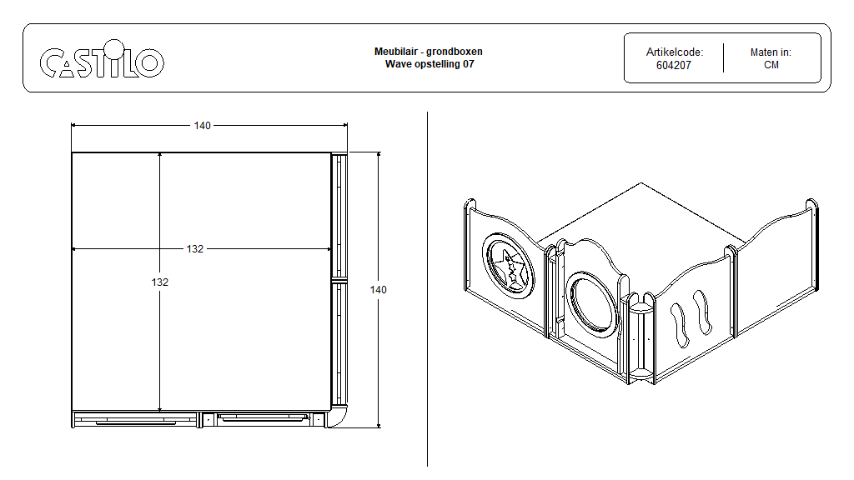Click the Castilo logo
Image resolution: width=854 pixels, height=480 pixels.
click(x=102, y=60)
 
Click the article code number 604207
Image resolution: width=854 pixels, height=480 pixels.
click(x=674, y=65)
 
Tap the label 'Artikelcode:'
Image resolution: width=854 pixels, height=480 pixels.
click(x=674, y=52)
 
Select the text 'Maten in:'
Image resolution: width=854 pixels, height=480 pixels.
click(x=771, y=52)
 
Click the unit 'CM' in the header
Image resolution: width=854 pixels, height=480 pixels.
click(x=771, y=65)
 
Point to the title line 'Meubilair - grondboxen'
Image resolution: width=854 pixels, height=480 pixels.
click(x=428, y=52)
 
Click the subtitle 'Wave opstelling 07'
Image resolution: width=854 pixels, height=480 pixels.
click(x=428, y=64)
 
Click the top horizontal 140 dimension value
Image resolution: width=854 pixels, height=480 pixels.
click(x=202, y=126)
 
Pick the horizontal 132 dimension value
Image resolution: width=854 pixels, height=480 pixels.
click(x=194, y=249)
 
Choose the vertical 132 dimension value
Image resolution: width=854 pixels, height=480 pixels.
click(x=160, y=282)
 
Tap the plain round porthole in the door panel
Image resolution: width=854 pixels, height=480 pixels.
click(x=591, y=301)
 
